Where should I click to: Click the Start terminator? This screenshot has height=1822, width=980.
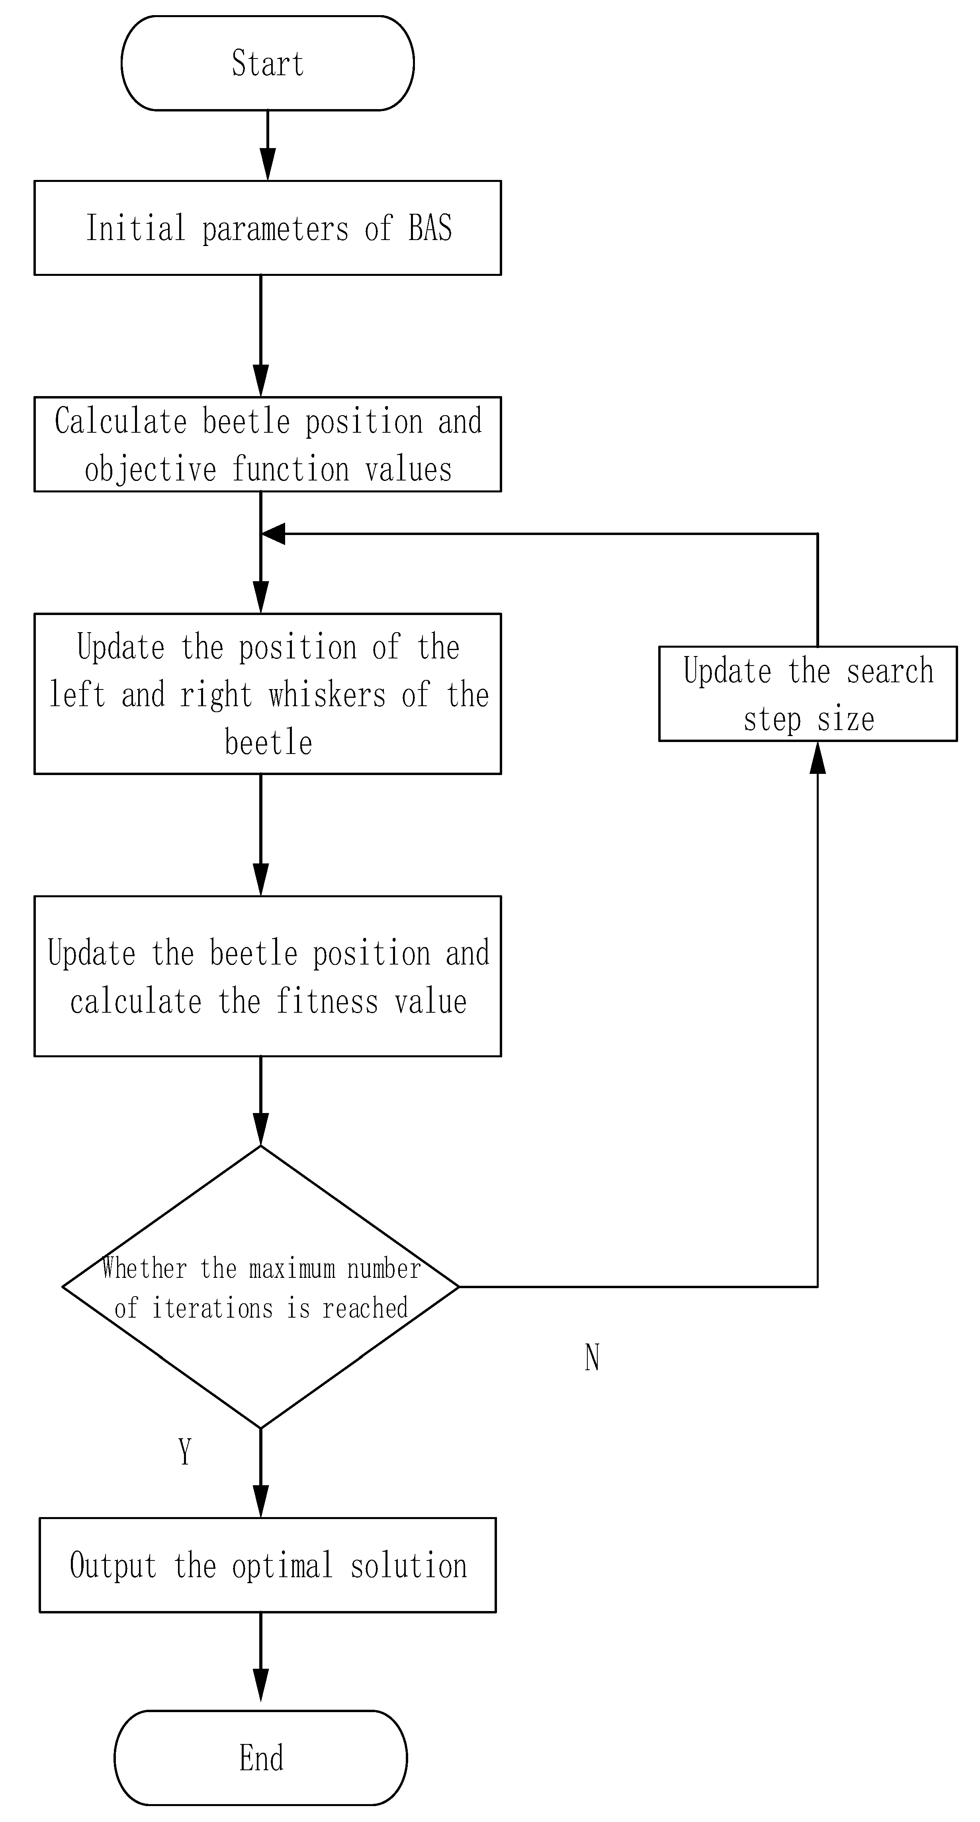[x=268, y=63]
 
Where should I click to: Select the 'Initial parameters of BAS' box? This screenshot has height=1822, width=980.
[x=268, y=228]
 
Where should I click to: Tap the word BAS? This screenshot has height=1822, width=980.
[x=430, y=228]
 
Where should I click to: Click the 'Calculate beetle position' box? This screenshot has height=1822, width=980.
[x=268, y=444]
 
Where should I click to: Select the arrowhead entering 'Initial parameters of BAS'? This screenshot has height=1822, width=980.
[x=268, y=165]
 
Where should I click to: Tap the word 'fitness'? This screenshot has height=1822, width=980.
[x=327, y=1002]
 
